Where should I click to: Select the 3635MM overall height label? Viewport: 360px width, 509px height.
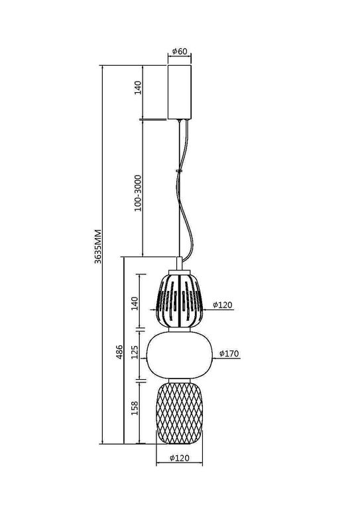point(97,247)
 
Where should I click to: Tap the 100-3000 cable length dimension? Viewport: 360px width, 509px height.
point(137,192)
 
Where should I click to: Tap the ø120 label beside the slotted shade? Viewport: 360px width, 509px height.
point(225,306)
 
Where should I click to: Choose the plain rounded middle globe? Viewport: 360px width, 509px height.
point(179,354)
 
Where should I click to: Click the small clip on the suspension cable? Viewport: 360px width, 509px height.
point(178,171)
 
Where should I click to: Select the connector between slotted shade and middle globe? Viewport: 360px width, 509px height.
point(179,329)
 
